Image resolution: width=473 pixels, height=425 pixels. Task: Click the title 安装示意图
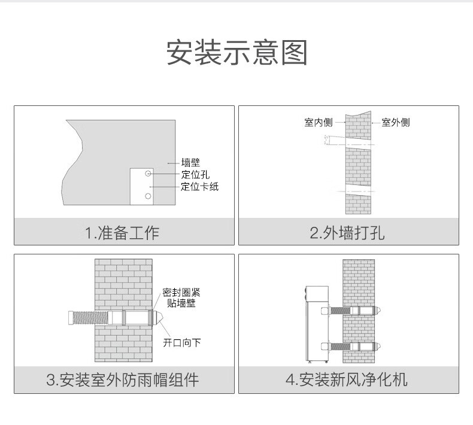(236, 53)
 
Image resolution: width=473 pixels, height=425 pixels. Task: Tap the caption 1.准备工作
(123, 232)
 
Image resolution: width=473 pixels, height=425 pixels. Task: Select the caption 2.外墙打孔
(348, 232)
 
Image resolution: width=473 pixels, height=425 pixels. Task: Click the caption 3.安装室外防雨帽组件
(123, 380)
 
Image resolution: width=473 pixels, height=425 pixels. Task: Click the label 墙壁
(190, 162)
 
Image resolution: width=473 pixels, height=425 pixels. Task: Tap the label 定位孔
(195, 174)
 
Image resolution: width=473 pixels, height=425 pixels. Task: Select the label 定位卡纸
(200, 186)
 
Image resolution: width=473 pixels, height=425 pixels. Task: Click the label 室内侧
(318, 123)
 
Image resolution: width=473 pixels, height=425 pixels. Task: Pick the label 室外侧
(396, 123)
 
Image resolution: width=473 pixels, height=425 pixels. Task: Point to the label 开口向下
(182, 342)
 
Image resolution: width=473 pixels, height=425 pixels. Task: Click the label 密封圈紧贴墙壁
(182, 297)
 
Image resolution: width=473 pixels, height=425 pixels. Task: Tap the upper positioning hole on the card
(148, 174)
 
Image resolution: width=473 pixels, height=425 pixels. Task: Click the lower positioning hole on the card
(148, 196)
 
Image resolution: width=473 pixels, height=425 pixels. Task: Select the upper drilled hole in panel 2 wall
(358, 144)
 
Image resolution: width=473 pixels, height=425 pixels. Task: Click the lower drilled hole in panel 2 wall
(358, 190)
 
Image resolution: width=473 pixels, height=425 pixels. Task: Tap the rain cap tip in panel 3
(160, 317)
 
